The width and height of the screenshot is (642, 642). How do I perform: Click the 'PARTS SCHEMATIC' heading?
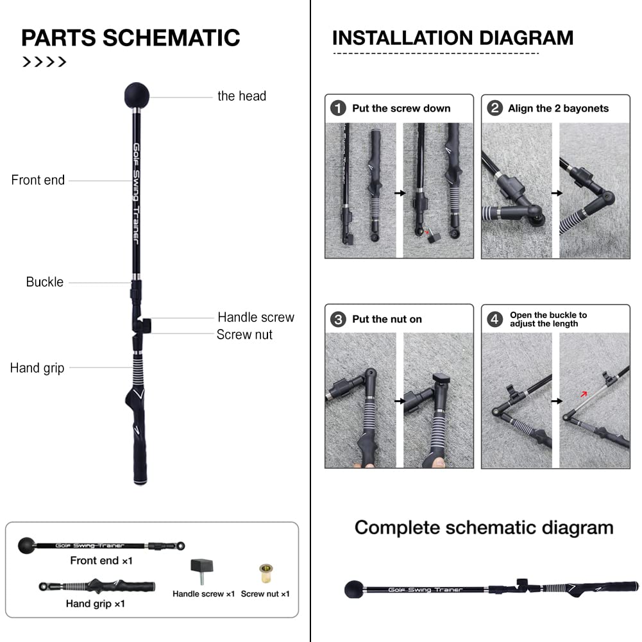[x=131, y=38]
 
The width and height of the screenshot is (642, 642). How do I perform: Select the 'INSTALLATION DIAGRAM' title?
[x=453, y=38]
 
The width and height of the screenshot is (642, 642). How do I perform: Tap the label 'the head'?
[x=242, y=96]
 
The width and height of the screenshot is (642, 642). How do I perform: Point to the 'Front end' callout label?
[x=38, y=180]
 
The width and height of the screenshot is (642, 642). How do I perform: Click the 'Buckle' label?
[x=45, y=282]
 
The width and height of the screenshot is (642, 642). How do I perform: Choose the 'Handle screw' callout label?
[x=256, y=317]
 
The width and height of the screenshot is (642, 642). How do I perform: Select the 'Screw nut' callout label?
[x=244, y=335]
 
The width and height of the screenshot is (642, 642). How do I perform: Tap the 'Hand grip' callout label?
[x=37, y=368]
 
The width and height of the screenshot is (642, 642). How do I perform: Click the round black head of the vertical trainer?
[x=137, y=96]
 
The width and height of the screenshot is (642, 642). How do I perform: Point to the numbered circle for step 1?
[x=338, y=108]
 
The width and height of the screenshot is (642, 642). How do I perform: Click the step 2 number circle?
[x=494, y=108]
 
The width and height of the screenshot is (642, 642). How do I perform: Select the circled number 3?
[x=338, y=319]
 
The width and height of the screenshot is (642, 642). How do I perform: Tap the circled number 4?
[x=494, y=319]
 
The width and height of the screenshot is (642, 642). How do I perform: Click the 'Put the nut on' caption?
[x=387, y=319]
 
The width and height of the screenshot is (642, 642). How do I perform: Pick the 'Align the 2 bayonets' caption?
[x=559, y=108]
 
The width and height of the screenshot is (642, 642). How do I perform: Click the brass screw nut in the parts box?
[x=266, y=573]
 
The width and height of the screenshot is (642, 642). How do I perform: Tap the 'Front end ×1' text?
[x=101, y=561]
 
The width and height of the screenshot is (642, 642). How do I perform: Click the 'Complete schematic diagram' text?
[x=484, y=527]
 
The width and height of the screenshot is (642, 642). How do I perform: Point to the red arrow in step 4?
[x=584, y=394]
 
